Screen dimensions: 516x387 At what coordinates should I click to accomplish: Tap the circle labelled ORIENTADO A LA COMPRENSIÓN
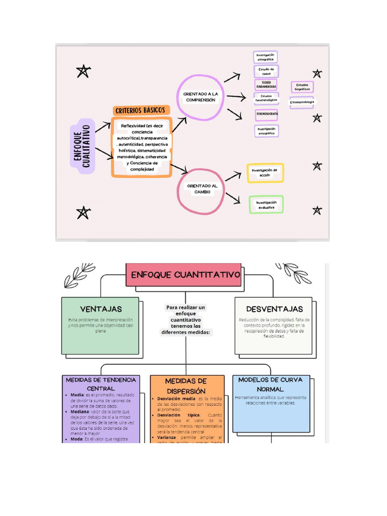click(x=200, y=97)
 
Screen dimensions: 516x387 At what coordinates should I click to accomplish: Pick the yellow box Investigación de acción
click(x=265, y=173)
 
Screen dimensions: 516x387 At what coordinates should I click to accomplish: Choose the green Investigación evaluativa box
click(x=266, y=205)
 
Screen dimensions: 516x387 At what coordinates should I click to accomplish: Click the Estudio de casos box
click(x=266, y=71)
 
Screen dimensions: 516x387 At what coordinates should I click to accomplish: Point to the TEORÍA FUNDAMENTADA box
click(x=266, y=84)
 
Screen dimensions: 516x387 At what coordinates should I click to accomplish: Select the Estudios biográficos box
click(x=302, y=87)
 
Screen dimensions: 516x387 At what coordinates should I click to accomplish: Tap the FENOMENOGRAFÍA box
click(x=267, y=114)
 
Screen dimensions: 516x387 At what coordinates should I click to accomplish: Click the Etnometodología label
click(x=302, y=102)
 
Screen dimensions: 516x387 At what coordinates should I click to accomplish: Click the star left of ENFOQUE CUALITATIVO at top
click(x=83, y=72)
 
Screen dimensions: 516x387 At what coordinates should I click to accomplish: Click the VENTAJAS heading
click(x=101, y=308)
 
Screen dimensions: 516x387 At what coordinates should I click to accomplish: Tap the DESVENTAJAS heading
click(x=274, y=308)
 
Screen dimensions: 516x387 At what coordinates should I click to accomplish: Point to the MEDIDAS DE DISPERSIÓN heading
click(x=186, y=385)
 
